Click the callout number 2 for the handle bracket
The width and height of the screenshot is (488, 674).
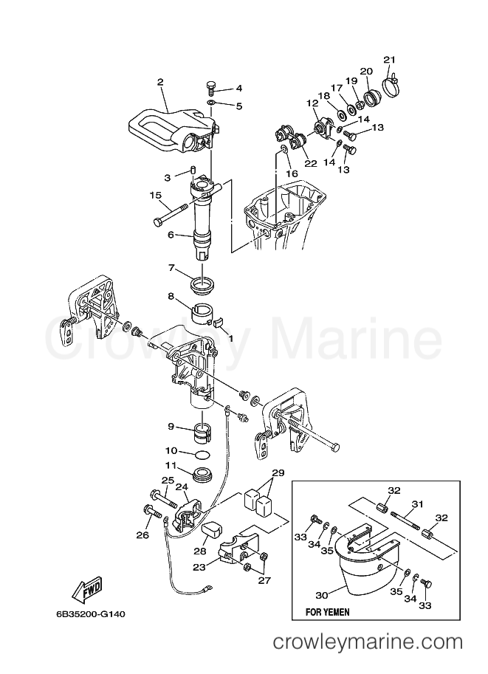[x=159, y=81]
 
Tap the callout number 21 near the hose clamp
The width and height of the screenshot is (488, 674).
[x=389, y=60]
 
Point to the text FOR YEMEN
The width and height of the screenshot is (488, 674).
[x=327, y=612]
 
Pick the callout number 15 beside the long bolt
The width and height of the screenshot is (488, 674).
[x=156, y=196]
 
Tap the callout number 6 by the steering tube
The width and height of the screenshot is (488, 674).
[x=171, y=235]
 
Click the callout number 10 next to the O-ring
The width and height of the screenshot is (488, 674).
[x=171, y=450]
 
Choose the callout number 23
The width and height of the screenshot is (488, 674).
[x=200, y=567]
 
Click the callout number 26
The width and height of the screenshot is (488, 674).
[x=143, y=534]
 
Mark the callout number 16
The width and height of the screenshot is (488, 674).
[x=292, y=173]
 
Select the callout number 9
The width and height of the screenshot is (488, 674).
[x=171, y=427]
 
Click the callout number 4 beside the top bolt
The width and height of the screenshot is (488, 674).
[x=238, y=89]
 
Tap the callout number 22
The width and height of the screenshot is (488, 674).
[x=311, y=163]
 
